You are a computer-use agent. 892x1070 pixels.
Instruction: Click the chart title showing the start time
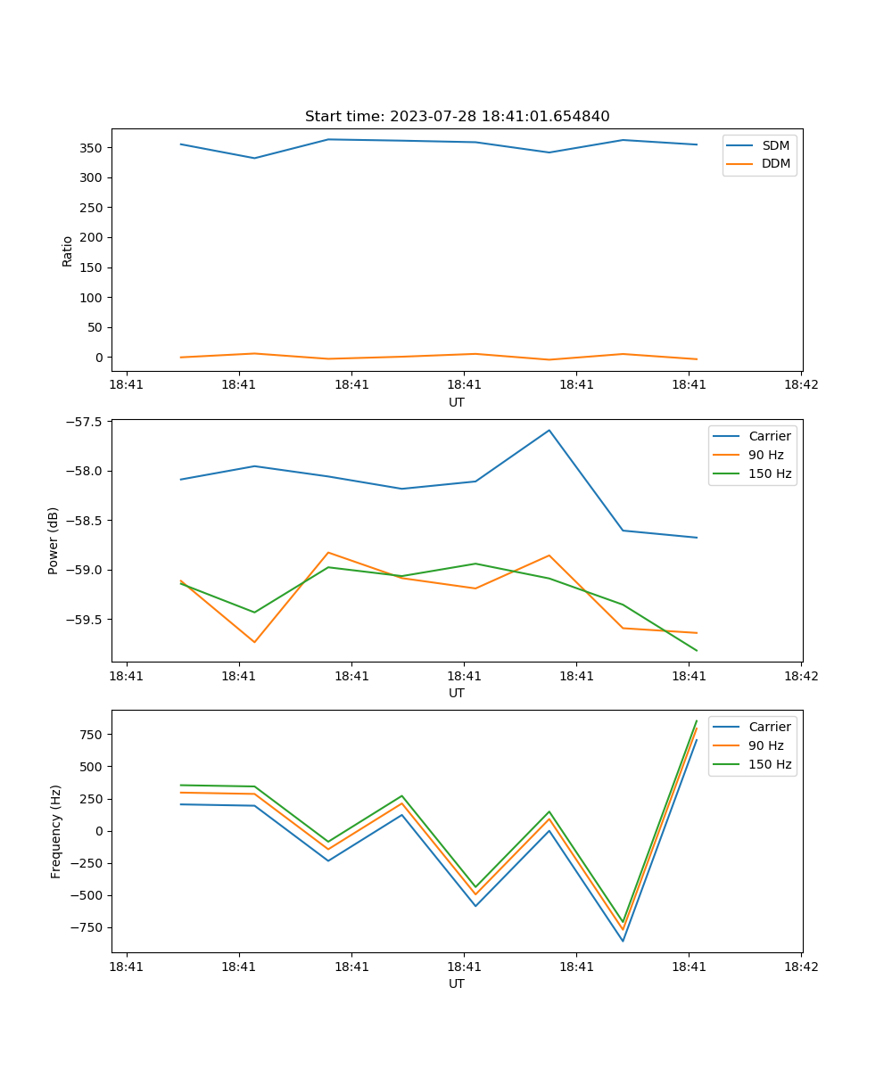click(x=457, y=117)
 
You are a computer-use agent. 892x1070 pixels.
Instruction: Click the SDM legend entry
click(x=775, y=145)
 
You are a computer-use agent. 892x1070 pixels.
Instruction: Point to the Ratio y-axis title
click(x=68, y=251)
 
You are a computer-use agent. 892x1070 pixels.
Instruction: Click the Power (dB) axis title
click(x=54, y=540)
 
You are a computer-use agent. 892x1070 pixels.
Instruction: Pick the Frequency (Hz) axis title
click(x=56, y=831)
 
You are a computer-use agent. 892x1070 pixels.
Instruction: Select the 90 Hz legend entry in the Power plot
click(x=765, y=455)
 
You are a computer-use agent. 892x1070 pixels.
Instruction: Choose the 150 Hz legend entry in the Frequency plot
click(x=770, y=764)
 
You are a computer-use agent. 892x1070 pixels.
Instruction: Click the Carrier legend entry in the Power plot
click(x=769, y=436)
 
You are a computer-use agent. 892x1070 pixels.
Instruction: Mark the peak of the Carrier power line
click(x=549, y=431)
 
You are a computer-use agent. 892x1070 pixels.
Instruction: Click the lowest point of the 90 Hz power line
click(x=254, y=642)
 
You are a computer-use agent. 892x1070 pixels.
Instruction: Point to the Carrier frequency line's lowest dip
click(x=623, y=941)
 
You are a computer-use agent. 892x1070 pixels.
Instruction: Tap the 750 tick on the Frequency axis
click(x=92, y=735)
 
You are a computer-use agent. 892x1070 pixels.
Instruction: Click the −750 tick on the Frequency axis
click(x=87, y=927)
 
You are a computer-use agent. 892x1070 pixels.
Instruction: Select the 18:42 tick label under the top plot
click(x=800, y=385)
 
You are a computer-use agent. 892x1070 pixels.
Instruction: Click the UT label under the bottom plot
click(x=457, y=984)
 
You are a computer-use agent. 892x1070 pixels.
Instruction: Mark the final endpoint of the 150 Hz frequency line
click(x=697, y=721)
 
